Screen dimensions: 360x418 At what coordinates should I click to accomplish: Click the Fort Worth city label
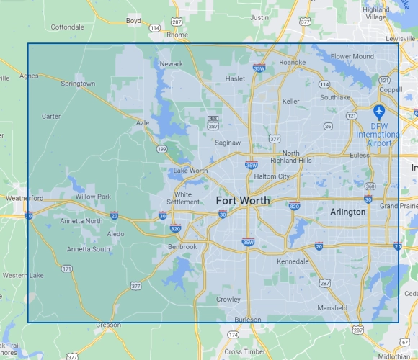click(243, 200)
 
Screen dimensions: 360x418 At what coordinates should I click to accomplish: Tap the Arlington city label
click(347, 212)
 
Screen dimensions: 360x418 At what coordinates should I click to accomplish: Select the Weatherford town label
click(25, 198)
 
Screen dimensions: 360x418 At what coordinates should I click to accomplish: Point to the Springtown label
click(78, 84)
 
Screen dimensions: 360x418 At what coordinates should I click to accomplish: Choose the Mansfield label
click(332, 308)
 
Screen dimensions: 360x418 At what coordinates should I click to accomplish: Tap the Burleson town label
click(248, 319)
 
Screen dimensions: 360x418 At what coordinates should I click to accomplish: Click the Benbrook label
click(182, 246)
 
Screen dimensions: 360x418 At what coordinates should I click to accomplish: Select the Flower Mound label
click(352, 56)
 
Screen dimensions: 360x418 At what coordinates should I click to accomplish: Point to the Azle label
click(142, 123)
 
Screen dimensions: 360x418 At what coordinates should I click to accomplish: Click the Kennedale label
click(293, 260)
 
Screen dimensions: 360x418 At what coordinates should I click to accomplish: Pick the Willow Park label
click(93, 197)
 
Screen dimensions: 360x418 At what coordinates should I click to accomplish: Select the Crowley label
click(228, 299)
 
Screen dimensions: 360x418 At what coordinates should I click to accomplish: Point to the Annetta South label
click(89, 249)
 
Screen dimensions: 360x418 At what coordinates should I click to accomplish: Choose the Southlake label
click(335, 96)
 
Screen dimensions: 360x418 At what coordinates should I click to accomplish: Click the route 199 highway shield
click(160, 148)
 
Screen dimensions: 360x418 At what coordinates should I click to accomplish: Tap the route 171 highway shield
click(66, 269)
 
